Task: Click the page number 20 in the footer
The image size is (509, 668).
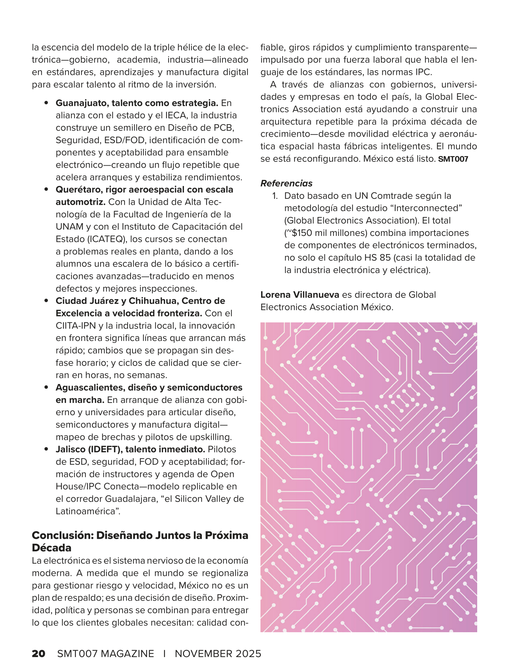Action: point(38,654)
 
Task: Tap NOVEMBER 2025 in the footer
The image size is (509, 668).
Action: point(218,654)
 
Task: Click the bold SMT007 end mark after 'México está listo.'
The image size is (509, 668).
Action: point(453,159)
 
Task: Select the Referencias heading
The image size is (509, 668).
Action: point(286,183)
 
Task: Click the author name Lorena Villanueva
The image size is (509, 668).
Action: point(300,295)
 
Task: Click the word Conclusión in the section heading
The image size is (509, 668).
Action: point(62,535)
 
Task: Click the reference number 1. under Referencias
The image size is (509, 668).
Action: point(275,196)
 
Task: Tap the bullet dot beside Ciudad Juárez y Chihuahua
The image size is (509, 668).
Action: point(47,301)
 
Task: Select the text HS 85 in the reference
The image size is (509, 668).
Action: point(378,258)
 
